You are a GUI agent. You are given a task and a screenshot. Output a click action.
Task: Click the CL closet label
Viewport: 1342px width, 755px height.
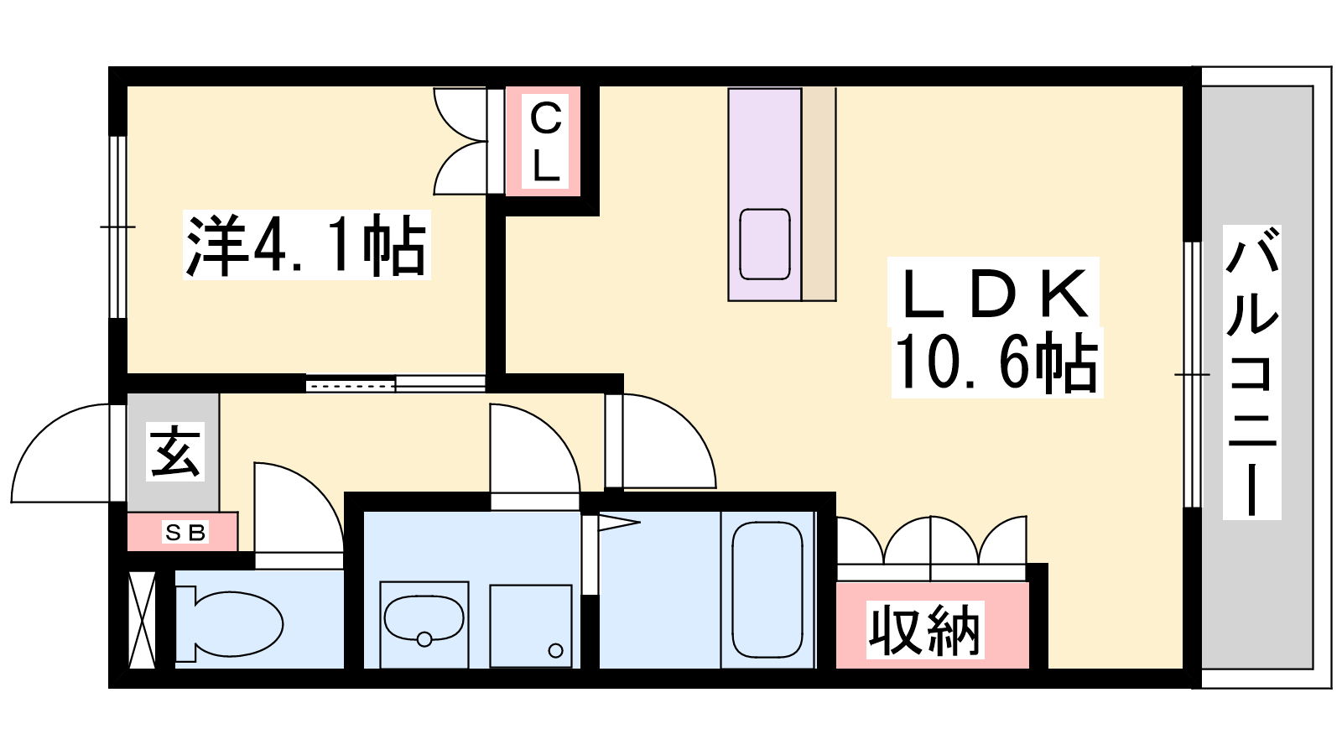[x=545, y=142]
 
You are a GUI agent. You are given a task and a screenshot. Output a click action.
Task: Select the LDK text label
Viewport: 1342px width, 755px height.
[x=995, y=294]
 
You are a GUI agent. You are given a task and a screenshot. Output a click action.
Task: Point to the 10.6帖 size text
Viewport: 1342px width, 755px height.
[x=996, y=362]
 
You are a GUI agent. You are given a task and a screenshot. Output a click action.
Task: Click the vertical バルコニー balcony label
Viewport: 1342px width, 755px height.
[x=1251, y=372]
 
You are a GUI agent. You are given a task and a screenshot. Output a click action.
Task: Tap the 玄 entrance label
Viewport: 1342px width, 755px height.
[x=174, y=452]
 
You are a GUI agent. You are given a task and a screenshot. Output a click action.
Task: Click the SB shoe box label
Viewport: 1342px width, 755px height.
[x=185, y=532]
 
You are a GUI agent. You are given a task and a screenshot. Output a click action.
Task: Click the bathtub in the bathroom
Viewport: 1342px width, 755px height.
[x=767, y=590]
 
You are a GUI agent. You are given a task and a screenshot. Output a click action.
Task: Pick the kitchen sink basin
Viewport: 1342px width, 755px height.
[x=764, y=244]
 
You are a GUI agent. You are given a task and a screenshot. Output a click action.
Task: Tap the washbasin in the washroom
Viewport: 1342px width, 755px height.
[x=424, y=618]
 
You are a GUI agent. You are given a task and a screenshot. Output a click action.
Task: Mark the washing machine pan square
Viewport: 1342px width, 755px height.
[x=531, y=626]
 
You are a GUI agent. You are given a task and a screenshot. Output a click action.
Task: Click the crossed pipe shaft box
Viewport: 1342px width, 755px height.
[x=143, y=620]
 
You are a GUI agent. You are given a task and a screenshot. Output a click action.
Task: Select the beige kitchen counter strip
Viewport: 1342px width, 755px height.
[x=819, y=194]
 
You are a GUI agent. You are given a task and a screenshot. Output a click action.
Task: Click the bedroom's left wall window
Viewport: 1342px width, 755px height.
[x=118, y=227]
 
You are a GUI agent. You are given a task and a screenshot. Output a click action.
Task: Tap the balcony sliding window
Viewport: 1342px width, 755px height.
[x=1192, y=375]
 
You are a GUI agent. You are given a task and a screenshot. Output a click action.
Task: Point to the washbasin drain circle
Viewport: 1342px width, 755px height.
[x=424, y=639]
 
